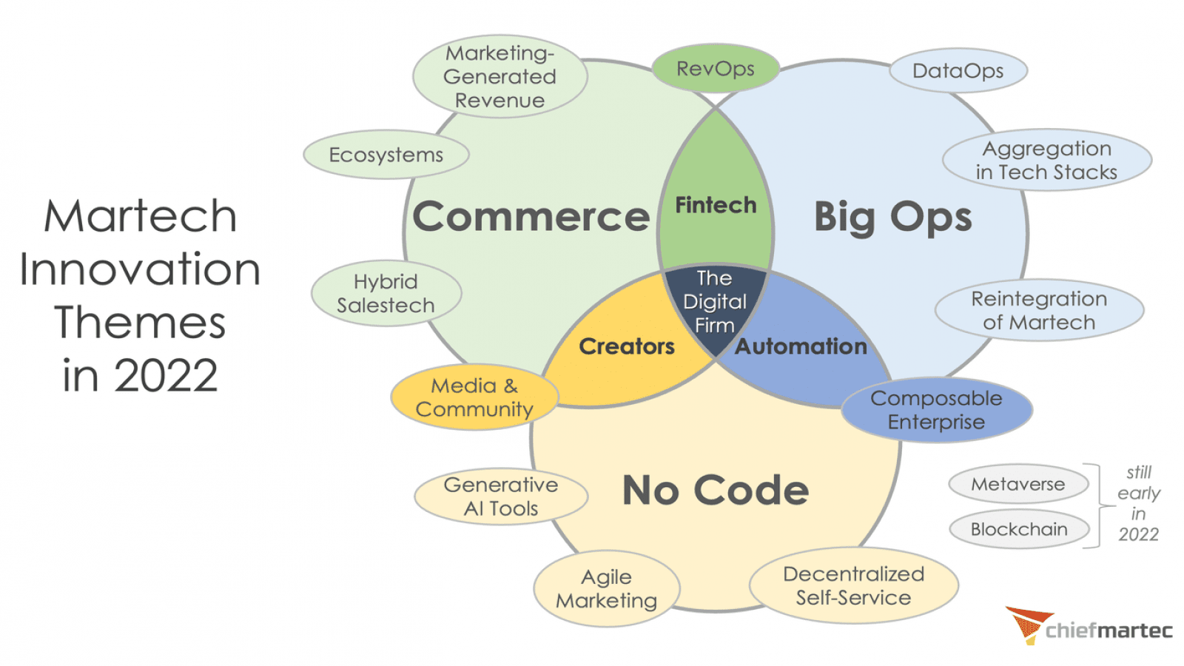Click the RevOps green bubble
[x=715, y=69]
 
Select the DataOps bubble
[x=958, y=71]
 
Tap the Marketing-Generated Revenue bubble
[x=499, y=77]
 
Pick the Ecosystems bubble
[x=386, y=155]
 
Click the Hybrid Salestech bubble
[x=386, y=294]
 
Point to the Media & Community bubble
[x=474, y=397]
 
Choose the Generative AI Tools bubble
[x=501, y=497]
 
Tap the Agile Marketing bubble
[x=606, y=589]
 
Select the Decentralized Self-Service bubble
[x=853, y=585]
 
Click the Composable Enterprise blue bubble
[x=936, y=410]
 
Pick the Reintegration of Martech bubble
[x=1039, y=310]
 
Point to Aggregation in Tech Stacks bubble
[x=1046, y=161]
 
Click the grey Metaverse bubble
[x=1018, y=484]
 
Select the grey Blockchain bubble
[x=1019, y=529]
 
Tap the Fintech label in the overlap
[x=716, y=205]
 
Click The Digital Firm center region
[x=714, y=301]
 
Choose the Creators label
[x=626, y=346]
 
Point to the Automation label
[x=801, y=346]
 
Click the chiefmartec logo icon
[x=1027, y=623]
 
